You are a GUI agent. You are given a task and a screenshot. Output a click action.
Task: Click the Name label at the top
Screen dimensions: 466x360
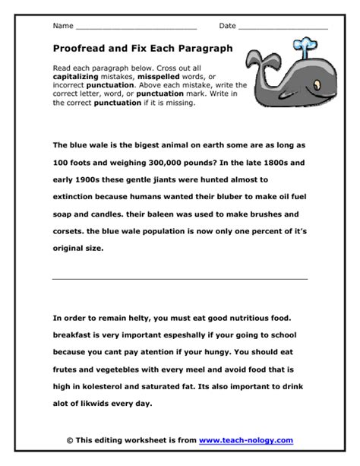pyautogui.click(x=63, y=26)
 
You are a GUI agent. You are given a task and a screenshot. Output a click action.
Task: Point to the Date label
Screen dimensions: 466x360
pyautogui.click(x=228, y=26)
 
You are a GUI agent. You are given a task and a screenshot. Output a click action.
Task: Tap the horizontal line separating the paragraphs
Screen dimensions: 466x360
pyautogui.click(x=180, y=279)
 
